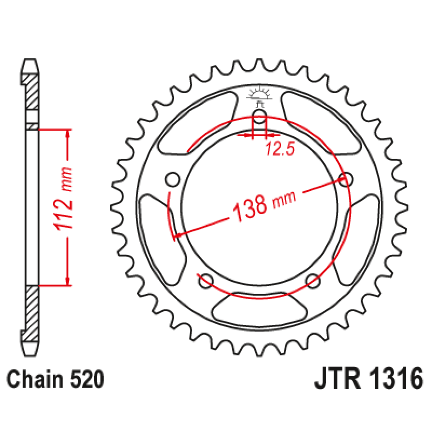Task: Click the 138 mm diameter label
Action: pyautogui.click(x=259, y=207)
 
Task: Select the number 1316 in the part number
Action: pyautogui.click(x=395, y=380)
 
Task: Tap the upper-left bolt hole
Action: pyautogui.click(x=173, y=179)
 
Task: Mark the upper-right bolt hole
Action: pyautogui.click(x=346, y=179)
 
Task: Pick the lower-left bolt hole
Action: pyautogui.click(x=206, y=280)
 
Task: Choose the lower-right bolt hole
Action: pyautogui.click(x=313, y=280)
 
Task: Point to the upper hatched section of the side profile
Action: pyautogui.click(x=32, y=92)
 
